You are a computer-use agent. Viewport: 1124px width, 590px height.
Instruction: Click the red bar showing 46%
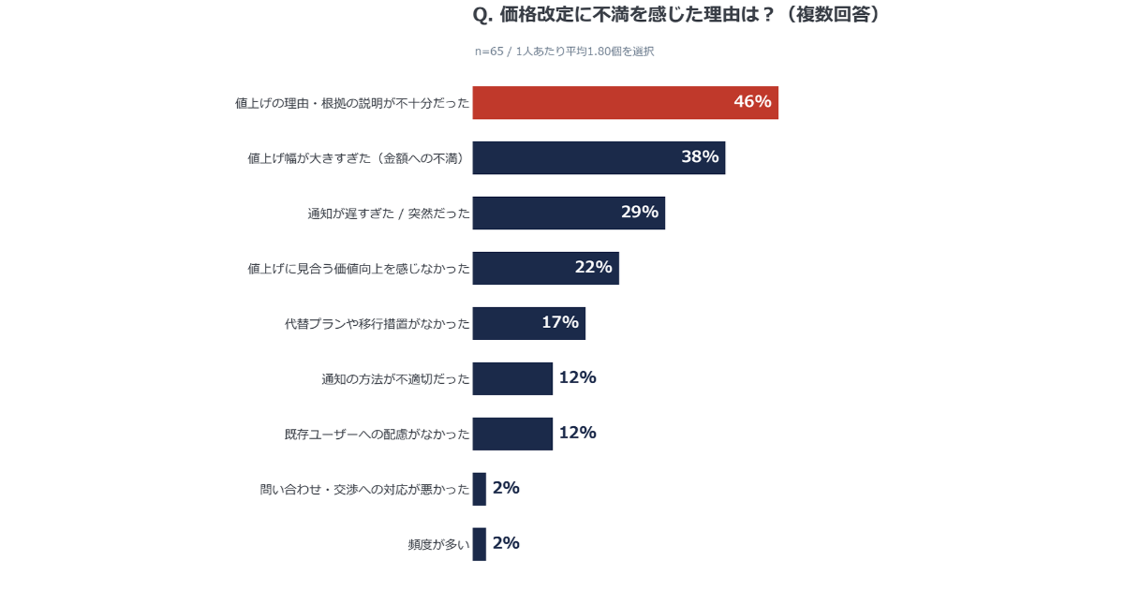(599, 103)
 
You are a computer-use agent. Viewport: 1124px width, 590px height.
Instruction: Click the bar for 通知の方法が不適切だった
(512, 378)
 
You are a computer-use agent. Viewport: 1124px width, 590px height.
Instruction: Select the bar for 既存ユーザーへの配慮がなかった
(512, 434)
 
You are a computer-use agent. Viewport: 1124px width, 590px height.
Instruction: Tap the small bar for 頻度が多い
(480, 544)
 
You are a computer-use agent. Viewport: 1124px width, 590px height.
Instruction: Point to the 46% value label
(752, 102)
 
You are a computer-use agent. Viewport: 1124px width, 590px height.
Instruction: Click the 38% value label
(700, 157)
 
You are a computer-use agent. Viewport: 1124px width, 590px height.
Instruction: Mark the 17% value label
(560, 323)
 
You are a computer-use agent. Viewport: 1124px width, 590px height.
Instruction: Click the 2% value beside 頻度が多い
(506, 543)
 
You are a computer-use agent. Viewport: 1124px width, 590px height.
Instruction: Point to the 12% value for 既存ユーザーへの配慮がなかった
(577, 433)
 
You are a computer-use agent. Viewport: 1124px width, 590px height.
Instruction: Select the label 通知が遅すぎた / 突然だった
(389, 214)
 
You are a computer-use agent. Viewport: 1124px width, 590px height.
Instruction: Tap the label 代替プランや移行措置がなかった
(377, 324)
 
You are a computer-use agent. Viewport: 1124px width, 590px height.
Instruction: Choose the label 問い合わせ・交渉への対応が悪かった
(364, 489)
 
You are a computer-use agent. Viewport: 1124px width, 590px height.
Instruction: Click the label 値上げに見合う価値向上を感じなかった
(358, 269)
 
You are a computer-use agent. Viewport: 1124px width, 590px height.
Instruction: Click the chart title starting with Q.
(677, 16)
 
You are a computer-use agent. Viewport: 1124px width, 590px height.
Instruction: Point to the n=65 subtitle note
(564, 52)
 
